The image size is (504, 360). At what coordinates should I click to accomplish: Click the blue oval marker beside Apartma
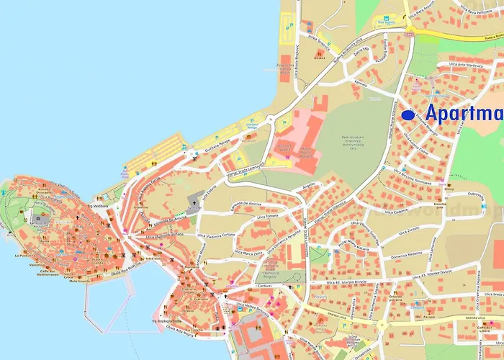click(408, 114)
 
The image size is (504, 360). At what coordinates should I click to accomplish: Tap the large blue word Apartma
click(464, 114)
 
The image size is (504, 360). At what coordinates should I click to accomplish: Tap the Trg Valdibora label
click(102, 207)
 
